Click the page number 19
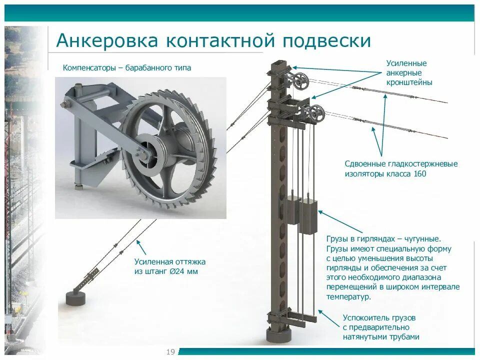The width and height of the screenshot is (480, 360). pos(170,352)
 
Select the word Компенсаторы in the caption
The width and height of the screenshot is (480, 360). pos(88,68)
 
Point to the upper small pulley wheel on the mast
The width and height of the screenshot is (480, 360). pos(301,81)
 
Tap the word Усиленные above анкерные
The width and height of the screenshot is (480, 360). pos(406,63)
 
